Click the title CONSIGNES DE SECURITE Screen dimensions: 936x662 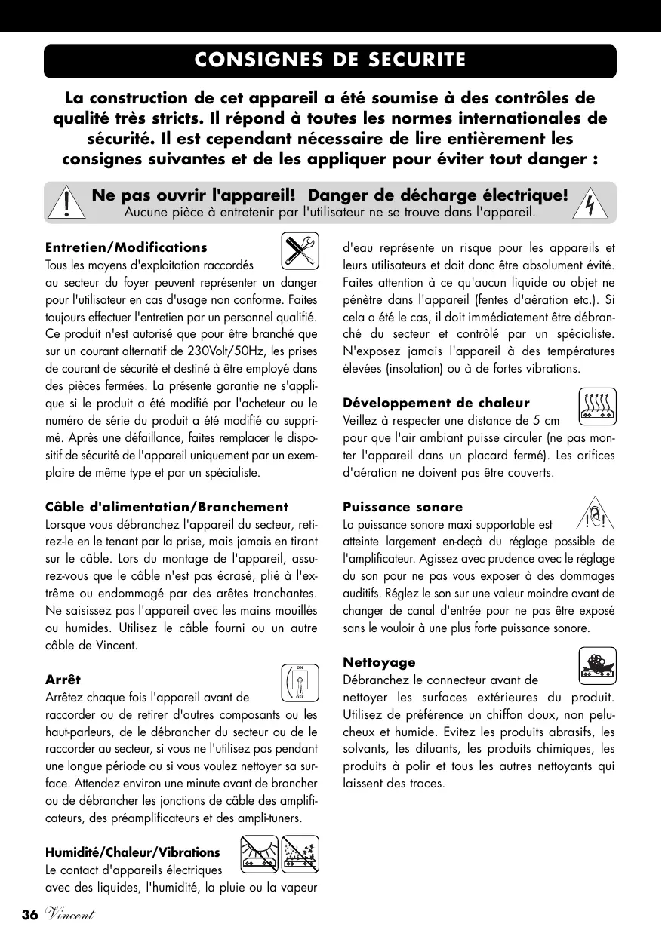coord(330,60)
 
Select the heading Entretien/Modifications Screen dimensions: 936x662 coord(126,247)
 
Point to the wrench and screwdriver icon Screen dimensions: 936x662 coord(299,250)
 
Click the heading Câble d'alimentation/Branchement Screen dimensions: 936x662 coord(167,507)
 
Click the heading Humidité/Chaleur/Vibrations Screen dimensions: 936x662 coord(133,852)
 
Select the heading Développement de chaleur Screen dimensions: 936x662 coord(436,403)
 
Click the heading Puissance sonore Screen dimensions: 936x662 coord(403,507)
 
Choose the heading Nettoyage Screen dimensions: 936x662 coord(379,662)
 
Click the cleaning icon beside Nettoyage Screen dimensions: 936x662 coord(598,665)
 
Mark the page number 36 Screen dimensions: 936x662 coord(29,915)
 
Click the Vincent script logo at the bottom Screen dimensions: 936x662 coord(68,915)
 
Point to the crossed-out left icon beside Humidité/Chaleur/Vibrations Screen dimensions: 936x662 coord(260,855)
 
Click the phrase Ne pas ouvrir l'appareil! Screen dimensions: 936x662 coord(192,195)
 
